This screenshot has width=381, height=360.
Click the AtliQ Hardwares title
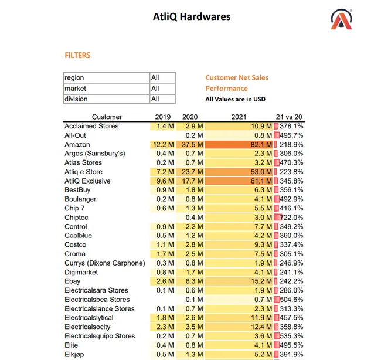click(x=192, y=17)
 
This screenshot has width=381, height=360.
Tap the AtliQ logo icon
click(x=341, y=19)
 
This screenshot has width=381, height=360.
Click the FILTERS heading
click(x=77, y=56)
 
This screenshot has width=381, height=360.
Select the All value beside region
click(x=155, y=77)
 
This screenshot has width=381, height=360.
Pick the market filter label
click(x=76, y=88)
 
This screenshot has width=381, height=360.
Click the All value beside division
click(x=155, y=99)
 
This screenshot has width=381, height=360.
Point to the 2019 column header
click(x=163, y=117)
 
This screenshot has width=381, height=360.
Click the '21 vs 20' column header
click(x=289, y=117)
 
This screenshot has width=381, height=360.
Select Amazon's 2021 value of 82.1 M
click(x=261, y=145)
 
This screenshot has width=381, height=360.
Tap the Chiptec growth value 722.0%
click(x=291, y=218)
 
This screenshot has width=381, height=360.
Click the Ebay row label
click(x=73, y=281)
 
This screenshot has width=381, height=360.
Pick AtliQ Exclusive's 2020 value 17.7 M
click(x=192, y=181)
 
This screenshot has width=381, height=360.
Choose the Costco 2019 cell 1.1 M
click(x=165, y=244)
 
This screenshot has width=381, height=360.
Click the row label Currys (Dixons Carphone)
click(x=105, y=263)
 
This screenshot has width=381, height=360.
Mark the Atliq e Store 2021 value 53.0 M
click(x=261, y=172)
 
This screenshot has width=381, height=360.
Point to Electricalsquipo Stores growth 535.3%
click(x=291, y=336)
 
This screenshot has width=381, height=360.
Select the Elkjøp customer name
click(x=74, y=355)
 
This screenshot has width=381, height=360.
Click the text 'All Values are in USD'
click(x=235, y=99)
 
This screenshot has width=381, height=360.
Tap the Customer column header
click(x=107, y=117)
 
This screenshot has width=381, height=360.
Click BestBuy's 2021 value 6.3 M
click(x=263, y=190)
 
